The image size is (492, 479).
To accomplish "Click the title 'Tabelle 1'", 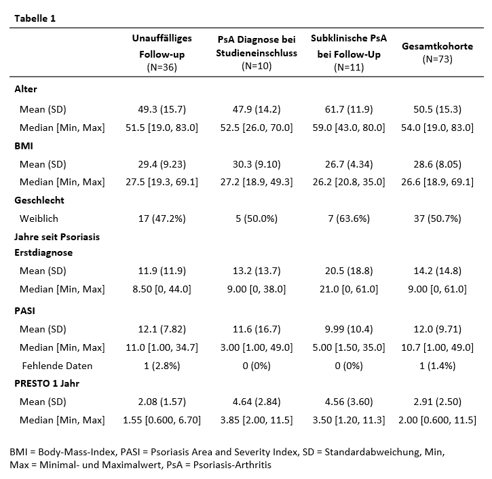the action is coord(35,18).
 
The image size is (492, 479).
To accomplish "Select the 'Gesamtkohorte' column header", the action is coord(438,46).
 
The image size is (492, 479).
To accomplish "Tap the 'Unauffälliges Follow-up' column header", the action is coord(162,46).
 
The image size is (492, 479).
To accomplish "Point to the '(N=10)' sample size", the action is coord(257,66).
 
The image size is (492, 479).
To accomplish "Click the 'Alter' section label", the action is coord(26,89).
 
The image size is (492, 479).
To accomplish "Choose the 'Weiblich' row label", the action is coord(39,218).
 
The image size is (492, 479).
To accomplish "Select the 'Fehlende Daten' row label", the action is coord(57,366).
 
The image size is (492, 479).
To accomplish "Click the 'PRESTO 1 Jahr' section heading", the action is coord(47,383).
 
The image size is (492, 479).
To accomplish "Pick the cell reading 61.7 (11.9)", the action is coord(349,109).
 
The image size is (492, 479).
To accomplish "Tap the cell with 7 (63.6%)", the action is coord(349,218).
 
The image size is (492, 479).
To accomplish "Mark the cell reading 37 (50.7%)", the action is coord(438,218).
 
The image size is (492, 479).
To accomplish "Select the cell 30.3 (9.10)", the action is coord(257,164).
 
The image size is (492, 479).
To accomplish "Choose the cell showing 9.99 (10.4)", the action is coord(349,329).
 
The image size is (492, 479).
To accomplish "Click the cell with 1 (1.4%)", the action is coord(438,366).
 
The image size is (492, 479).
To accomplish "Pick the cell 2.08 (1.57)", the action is coord(162,402).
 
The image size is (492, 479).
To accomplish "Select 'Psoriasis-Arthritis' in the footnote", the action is coord(232,465).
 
